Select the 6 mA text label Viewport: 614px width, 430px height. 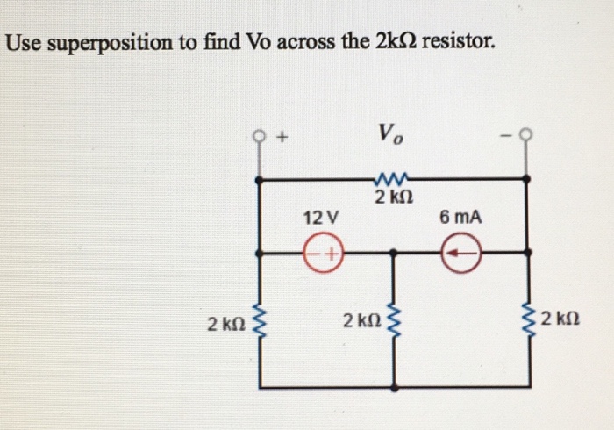461,217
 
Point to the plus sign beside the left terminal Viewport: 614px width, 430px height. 282,138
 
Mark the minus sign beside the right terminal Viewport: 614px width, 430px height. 505,136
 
